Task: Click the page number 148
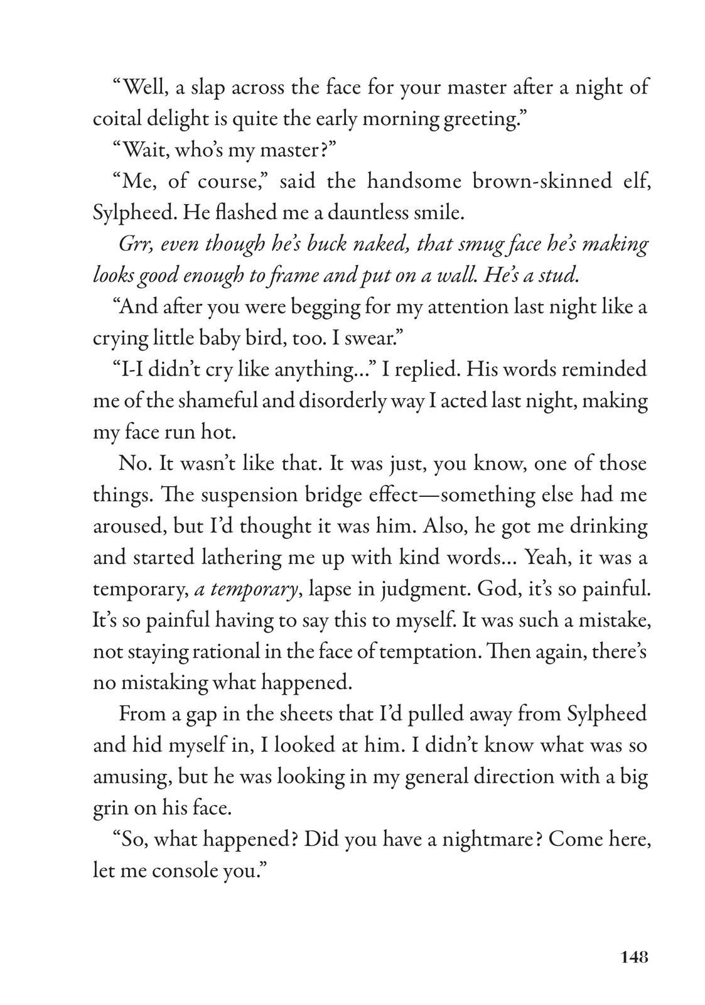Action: pos(633,957)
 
